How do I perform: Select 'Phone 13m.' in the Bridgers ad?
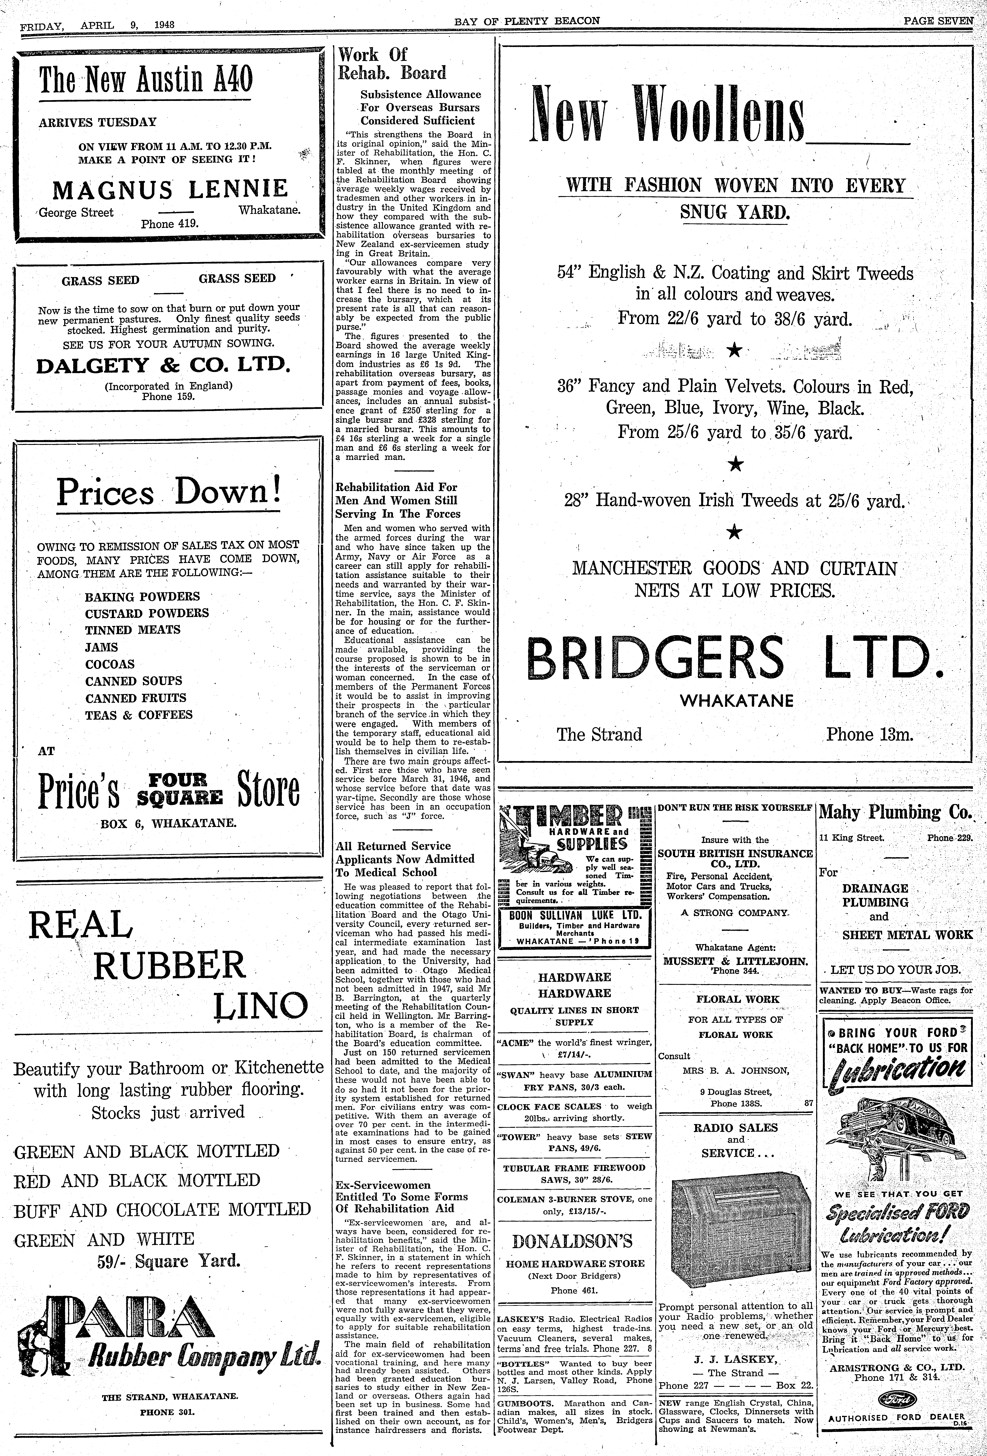pyautogui.click(x=869, y=734)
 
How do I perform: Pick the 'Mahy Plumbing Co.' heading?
pyautogui.click(x=896, y=812)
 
